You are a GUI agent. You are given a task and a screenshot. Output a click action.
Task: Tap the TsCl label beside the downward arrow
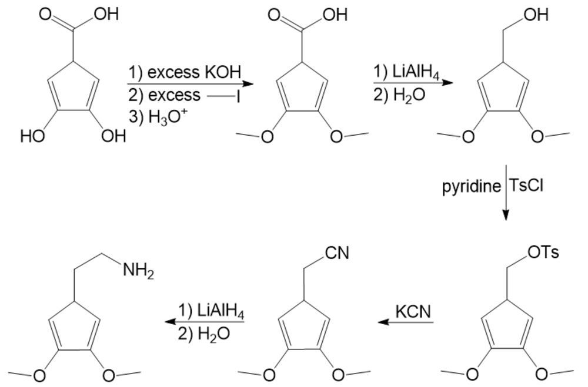(527, 186)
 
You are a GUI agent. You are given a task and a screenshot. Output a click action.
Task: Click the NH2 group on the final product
(138, 271)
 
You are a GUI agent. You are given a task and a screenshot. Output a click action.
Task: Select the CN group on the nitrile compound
(336, 253)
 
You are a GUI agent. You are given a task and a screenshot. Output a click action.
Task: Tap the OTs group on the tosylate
(543, 253)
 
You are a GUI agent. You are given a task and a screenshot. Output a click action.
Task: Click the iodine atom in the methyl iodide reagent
(239, 96)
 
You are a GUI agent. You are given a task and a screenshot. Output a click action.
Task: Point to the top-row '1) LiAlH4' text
(406, 72)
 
